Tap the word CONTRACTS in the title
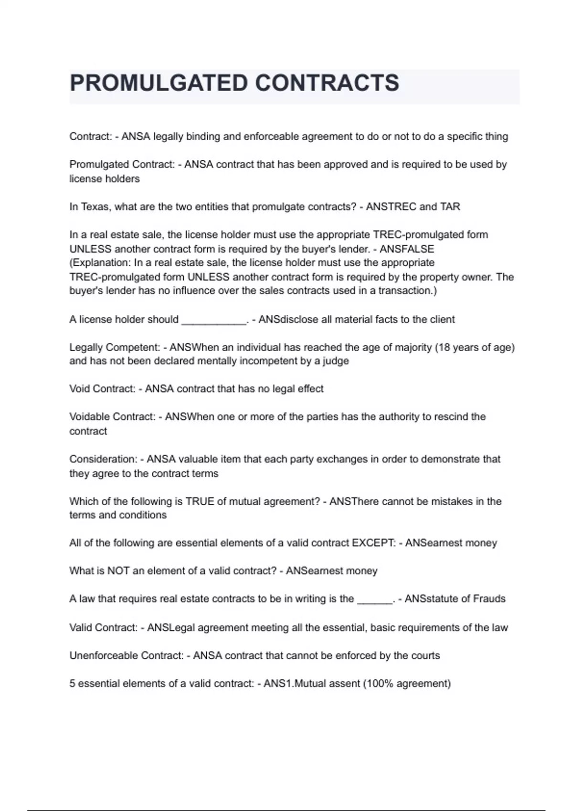pos(327,83)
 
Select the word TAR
pos(450,207)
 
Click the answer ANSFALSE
pos(407,249)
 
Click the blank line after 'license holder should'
pos(213,320)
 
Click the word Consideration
pos(103,459)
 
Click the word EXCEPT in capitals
pos(373,543)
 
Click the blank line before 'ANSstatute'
pos(375,600)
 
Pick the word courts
pos(424,655)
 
